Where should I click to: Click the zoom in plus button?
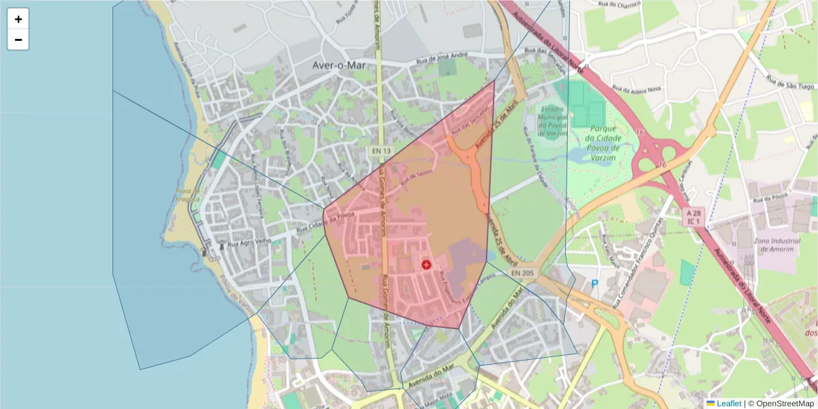(x=18, y=19)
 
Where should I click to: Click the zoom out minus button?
(x=18, y=40)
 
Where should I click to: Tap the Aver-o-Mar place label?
(x=339, y=66)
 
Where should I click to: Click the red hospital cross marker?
(x=427, y=264)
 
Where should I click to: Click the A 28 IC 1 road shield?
(x=693, y=217)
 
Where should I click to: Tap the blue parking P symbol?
(x=594, y=284)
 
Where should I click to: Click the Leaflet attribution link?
(x=728, y=404)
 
